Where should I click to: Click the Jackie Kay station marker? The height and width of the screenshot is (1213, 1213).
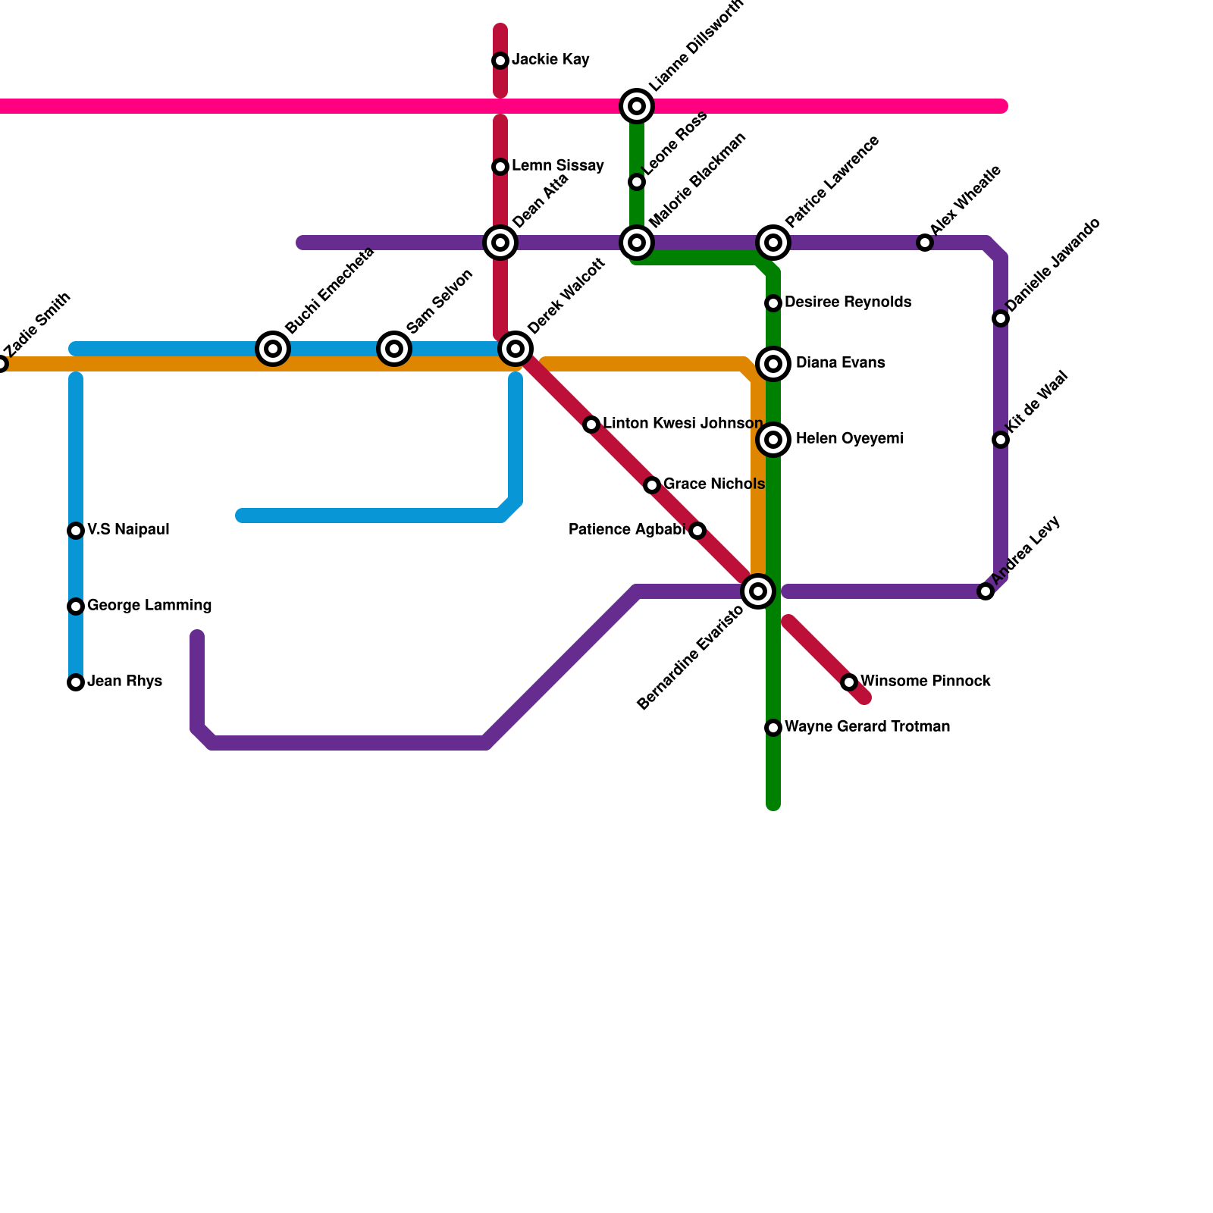[500, 61]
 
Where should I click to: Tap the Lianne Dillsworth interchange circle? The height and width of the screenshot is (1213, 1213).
[637, 106]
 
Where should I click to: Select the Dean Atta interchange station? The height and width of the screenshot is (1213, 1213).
[500, 243]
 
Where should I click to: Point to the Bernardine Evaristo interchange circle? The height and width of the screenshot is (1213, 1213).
[758, 591]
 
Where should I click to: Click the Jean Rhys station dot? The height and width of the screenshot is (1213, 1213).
[76, 682]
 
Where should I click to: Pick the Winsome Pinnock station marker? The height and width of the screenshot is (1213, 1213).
[849, 682]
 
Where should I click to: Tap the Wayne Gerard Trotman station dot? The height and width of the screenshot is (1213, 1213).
[773, 728]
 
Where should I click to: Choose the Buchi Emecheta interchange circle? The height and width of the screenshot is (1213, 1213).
[273, 349]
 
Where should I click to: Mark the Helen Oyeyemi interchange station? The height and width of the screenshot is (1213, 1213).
[773, 440]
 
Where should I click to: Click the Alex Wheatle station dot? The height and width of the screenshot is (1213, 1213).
[925, 243]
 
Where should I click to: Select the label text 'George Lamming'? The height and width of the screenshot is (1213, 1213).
[149, 606]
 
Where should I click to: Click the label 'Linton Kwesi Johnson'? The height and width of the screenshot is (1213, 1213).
[683, 424]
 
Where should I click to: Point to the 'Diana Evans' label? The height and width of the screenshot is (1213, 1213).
[840, 363]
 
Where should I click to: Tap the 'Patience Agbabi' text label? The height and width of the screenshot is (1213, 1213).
[627, 530]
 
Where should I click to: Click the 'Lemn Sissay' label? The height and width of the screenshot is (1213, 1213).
[558, 166]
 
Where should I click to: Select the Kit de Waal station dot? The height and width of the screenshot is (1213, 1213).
[1001, 440]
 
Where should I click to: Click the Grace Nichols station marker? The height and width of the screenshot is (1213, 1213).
[652, 485]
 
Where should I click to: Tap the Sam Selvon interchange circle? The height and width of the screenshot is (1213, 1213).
[394, 349]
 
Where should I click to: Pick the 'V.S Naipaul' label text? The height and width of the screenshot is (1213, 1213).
[128, 530]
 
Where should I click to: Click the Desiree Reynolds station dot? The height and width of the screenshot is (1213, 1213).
[773, 303]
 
